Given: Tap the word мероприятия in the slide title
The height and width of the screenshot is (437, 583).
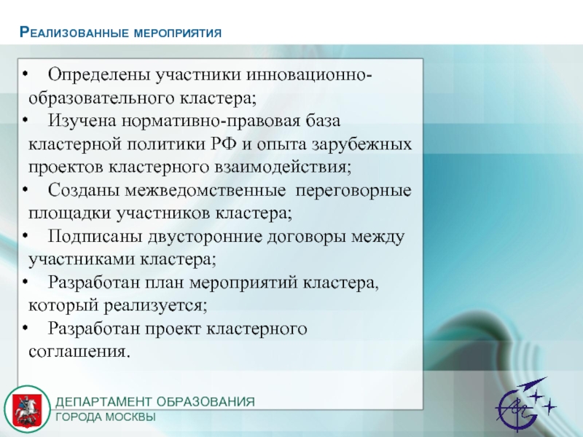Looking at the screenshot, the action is (177, 33).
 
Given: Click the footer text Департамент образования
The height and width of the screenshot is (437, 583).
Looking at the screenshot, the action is (155, 402).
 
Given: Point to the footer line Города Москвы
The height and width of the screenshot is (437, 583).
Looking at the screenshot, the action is (106, 417).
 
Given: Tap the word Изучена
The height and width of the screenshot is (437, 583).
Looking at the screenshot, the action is (82, 121).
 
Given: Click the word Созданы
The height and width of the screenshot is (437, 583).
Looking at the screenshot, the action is (84, 191).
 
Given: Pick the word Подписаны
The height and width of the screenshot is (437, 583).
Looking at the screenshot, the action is (95, 236).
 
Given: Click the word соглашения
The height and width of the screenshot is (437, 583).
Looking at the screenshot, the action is (79, 352).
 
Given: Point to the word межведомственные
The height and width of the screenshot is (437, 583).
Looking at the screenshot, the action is (206, 191).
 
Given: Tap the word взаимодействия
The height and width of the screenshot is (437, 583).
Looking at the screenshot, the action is (283, 168).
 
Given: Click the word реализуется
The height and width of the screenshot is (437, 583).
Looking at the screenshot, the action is (155, 306).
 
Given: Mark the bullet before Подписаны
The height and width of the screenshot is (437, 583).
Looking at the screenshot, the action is (25, 235).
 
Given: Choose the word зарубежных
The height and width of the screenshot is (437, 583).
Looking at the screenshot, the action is (361, 144).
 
